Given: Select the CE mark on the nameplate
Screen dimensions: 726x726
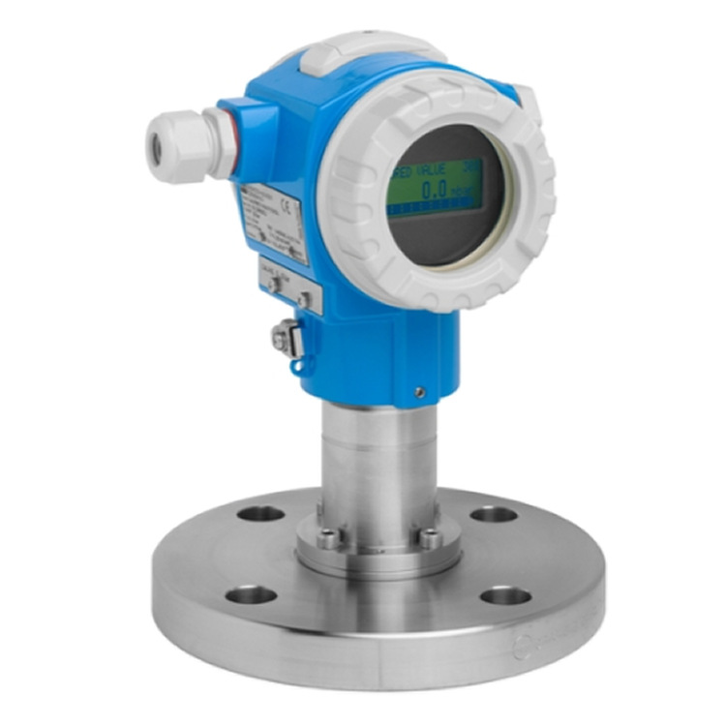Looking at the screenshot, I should click(285, 203).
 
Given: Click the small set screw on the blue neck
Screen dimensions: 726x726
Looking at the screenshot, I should click(418, 392).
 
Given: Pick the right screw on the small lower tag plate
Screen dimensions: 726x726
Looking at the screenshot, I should click(303, 299).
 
